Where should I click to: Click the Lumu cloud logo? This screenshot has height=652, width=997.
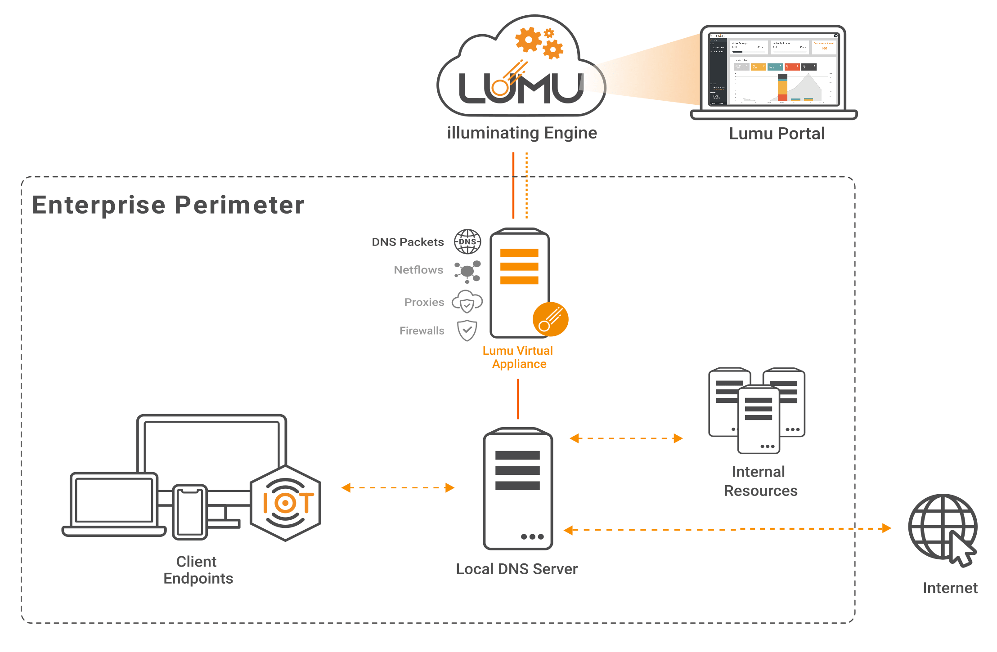521,67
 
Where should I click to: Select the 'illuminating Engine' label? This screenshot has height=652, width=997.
522,133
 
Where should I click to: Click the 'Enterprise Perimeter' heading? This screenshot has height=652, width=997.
168,205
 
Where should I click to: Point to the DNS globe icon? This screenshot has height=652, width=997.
467,241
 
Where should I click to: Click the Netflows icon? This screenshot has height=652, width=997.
467,271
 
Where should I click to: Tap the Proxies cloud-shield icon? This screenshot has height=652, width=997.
467,302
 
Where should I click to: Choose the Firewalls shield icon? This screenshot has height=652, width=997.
467,330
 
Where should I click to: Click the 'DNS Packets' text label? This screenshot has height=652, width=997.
408,242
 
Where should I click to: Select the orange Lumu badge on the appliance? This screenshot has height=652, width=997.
550,319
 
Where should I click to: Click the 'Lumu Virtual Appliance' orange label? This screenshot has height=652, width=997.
518,357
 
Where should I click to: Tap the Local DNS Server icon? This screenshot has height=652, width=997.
518,489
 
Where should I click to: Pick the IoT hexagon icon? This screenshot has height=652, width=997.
286,503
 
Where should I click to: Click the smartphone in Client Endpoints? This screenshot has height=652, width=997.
190,512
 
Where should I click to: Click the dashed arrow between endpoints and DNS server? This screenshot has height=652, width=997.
398,487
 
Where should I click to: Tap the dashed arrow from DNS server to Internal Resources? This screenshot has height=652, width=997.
626,438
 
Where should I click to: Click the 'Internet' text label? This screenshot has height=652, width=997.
950,588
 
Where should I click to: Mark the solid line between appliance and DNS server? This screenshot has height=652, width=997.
518,399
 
